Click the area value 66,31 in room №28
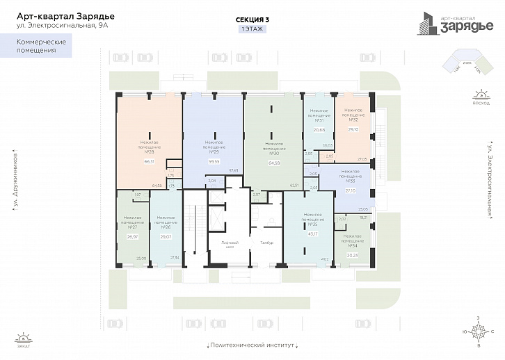[x=149, y=161]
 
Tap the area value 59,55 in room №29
[x=214, y=161]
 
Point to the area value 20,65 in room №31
[x=319, y=130]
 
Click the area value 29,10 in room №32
[x=353, y=129]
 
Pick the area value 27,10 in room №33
[x=350, y=190]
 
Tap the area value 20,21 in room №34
[x=351, y=254]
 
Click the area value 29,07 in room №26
[x=166, y=236]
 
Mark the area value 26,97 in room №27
[x=133, y=236]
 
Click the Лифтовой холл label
[x=230, y=243]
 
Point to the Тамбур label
[x=267, y=243]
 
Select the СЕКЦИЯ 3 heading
[x=252, y=20]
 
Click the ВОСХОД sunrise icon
[x=480, y=98]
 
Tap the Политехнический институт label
[x=252, y=345]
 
